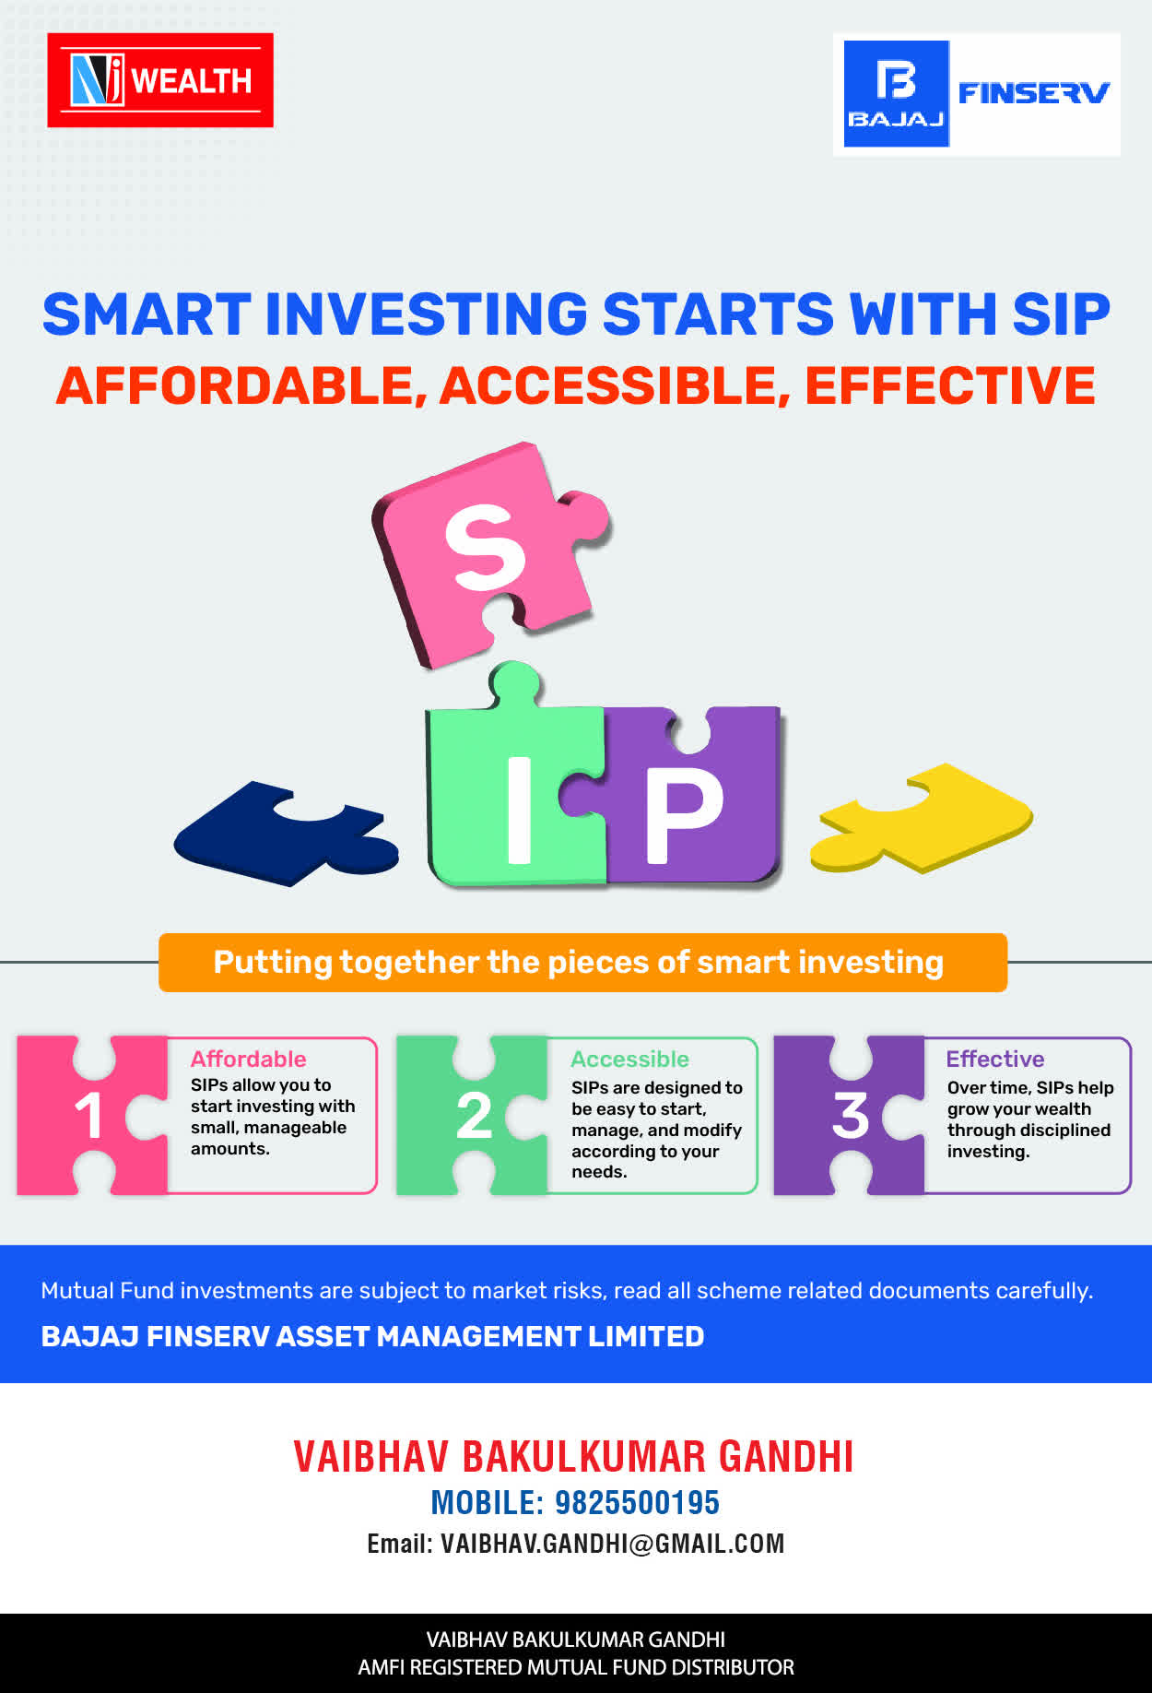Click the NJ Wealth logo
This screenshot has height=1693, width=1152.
click(x=160, y=80)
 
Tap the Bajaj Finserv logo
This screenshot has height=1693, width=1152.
click(x=977, y=94)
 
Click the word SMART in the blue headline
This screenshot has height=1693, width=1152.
click(x=147, y=314)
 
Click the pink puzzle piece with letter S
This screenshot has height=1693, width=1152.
click(x=488, y=553)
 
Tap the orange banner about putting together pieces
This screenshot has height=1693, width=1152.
click(x=582, y=963)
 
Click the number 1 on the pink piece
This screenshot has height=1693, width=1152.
click(x=89, y=1116)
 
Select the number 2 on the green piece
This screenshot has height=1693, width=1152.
click(x=474, y=1116)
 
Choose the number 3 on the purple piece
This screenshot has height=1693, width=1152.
click(x=851, y=1116)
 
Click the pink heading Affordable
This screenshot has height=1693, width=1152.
click(x=249, y=1059)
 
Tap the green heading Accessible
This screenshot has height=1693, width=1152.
click(x=630, y=1059)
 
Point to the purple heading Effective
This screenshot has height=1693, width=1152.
click(x=995, y=1059)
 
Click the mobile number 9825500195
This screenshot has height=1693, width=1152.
click(x=637, y=1502)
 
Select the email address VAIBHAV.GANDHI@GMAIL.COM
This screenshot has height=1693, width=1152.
click(x=613, y=1544)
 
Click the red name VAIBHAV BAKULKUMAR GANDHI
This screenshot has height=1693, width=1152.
click(x=573, y=1456)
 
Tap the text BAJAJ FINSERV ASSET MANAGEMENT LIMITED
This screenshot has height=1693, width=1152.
click(x=372, y=1336)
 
